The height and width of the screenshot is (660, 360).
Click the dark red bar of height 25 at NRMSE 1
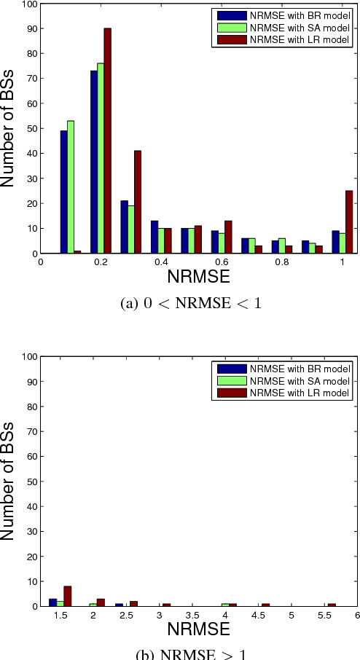tap(349, 222)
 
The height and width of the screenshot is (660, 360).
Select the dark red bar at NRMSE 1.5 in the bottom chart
tap(68, 596)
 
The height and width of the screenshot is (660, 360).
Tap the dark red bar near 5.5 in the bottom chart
tap(332, 605)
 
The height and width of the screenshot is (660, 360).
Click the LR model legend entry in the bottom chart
tap(283, 393)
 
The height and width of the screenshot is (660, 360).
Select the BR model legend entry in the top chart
tap(283, 15)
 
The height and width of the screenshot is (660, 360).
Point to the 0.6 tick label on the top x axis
tap(221, 262)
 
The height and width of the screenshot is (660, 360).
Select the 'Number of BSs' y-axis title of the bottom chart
tap(9, 481)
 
